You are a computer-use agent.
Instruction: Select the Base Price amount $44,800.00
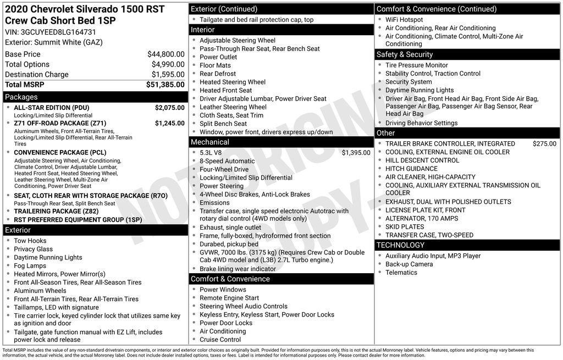pyautogui.click(x=165, y=54)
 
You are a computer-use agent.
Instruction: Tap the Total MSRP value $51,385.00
pyautogui.click(x=165, y=85)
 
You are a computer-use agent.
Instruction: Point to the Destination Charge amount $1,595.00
pyautogui.click(x=168, y=74)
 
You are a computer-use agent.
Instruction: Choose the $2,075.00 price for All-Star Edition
pyautogui.click(x=169, y=108)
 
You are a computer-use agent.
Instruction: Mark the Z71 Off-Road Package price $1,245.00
pyautogui.click(x=169, y=123)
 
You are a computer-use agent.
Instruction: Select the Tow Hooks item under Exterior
pyautogui.click(x=30, y=241)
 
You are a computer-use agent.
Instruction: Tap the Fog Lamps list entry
pyautogui.click(x=30, y=265)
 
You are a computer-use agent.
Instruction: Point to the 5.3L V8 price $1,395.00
pyautogui.click(x=356, y=153)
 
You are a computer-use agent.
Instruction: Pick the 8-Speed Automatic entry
pyautogui.click(x=227, y=161)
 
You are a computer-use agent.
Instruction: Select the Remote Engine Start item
pyautogui.click(x=229, y=298)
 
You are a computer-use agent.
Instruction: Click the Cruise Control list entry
pyautogui.click(x=220, y=340)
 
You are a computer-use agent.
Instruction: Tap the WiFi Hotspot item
pyautogui.click(x=404, y=20)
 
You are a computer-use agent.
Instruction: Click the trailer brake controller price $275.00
pyautogui.click(x=544, y=143)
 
